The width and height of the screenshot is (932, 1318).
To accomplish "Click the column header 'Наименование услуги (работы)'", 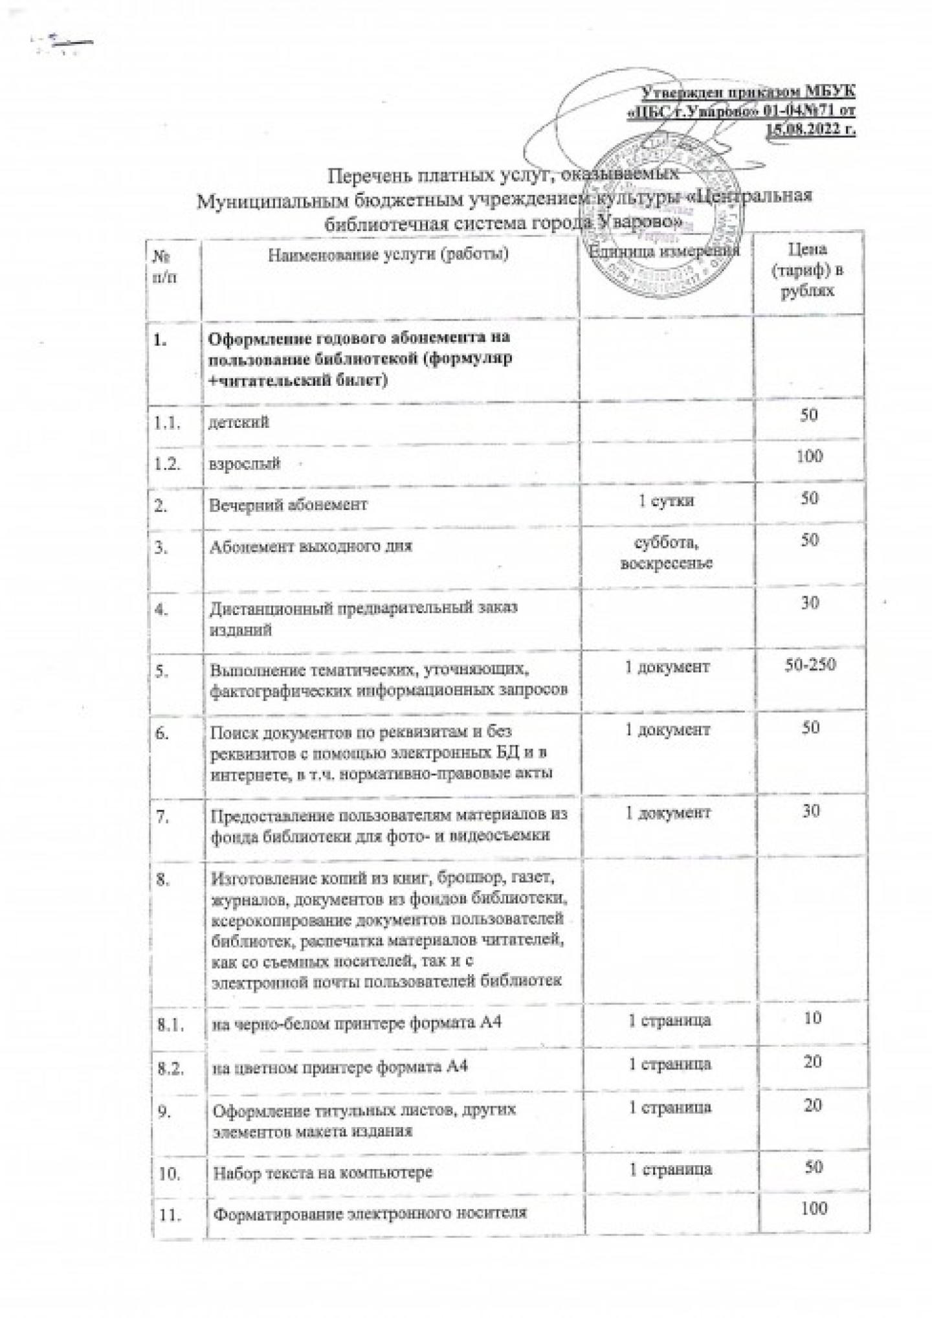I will point(388,254).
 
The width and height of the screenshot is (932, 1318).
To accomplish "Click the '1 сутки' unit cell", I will point(667,500).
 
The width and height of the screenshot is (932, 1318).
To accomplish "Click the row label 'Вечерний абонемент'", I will point(287,504).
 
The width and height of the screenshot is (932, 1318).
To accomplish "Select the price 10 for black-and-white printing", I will point(812,1018).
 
